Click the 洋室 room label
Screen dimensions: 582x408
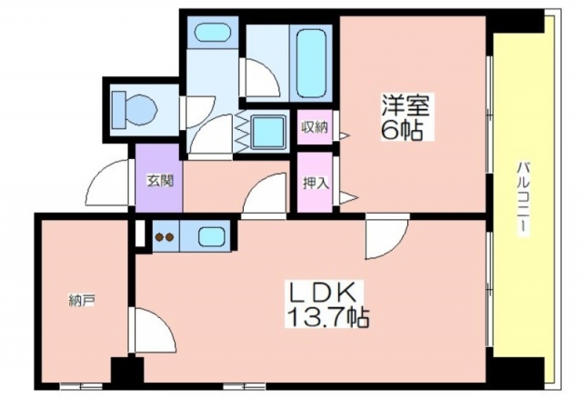[x=406, y=105]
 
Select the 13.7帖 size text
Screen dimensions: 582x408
[x=327, y=317]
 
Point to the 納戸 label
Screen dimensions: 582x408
[x=82, y=301]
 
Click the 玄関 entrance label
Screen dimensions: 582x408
[x=160, y=181]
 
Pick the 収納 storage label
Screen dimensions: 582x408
[x=315, y=127]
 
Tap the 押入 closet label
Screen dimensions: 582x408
[x=316, y=183]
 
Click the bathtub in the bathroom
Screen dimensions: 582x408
[x=311, y=62]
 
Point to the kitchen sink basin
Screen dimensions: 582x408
[x=211, y=236]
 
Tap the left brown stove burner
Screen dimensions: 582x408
[x=159, y=236]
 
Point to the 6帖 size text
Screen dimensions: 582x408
[x=402, y=129]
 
